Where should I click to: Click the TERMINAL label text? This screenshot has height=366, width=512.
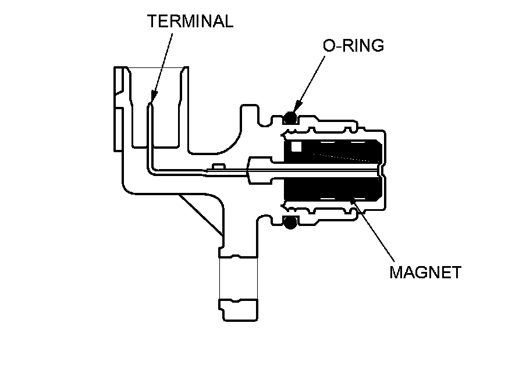[x=190, y=21]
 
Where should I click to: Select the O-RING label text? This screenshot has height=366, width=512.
[x=354, y=46]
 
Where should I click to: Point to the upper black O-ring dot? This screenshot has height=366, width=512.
[x=290, y=119]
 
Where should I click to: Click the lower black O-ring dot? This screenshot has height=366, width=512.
[x=290, y=221]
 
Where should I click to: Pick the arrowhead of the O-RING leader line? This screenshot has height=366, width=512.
[x=296, y=111]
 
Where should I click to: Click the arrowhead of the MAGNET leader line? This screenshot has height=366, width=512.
[x=352, y=200]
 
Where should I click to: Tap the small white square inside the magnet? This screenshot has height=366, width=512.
[x=297, y=148]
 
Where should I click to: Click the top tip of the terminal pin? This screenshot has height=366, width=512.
[x=150, y=105]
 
